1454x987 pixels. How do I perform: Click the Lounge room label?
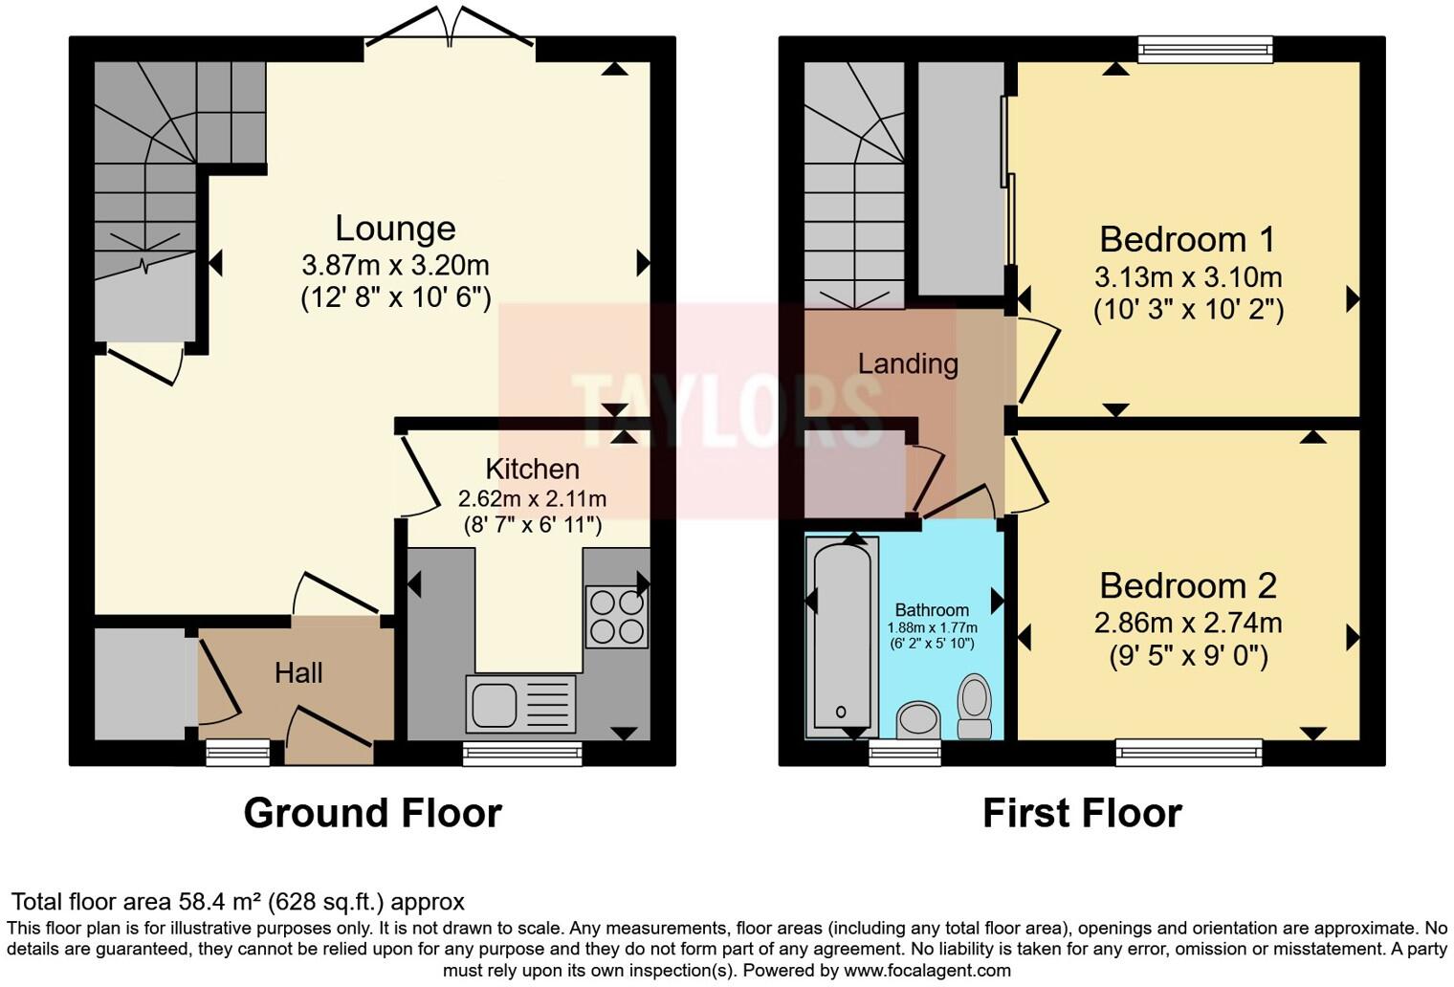[395, 229]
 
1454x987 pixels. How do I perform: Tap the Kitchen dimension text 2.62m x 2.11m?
[532, 498]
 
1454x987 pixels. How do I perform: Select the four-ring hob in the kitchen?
[616, 617]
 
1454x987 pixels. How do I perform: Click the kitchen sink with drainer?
[521, 704]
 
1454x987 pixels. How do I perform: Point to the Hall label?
[298, 673]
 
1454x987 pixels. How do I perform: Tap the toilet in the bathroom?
[975, 706]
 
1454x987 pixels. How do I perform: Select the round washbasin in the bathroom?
[919, 718]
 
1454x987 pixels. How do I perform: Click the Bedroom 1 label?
[1187, 239]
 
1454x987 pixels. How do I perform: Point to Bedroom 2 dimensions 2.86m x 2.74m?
[1187, 624]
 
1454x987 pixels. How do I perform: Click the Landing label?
[908, 363]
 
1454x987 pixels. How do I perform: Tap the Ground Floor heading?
[372, 813]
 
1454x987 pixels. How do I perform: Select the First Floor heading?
[1082, 813]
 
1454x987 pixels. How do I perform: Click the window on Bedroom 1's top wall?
[1205, 49]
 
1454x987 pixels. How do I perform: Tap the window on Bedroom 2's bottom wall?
[1188, 753]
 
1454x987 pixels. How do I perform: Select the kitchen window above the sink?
[522, 754]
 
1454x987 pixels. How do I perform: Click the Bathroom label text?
[932, 610]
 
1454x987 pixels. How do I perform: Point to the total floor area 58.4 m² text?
[237, 902]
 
